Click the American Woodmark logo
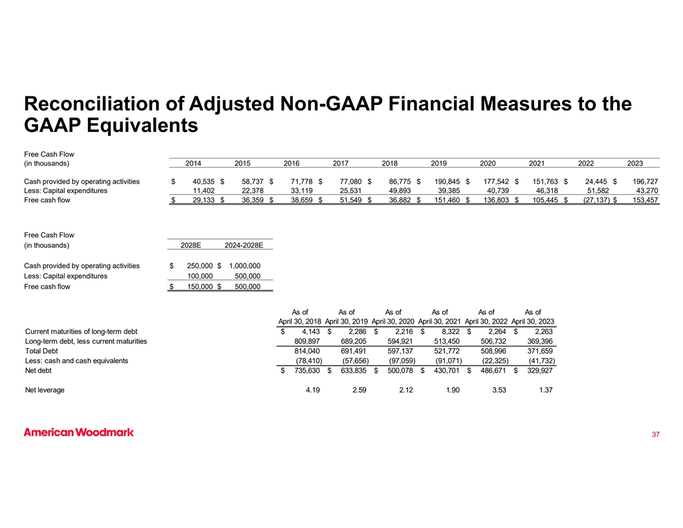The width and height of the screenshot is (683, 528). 78,432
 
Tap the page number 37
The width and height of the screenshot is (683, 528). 655,434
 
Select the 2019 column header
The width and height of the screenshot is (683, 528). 440,164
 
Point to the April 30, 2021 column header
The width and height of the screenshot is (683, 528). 440,322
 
